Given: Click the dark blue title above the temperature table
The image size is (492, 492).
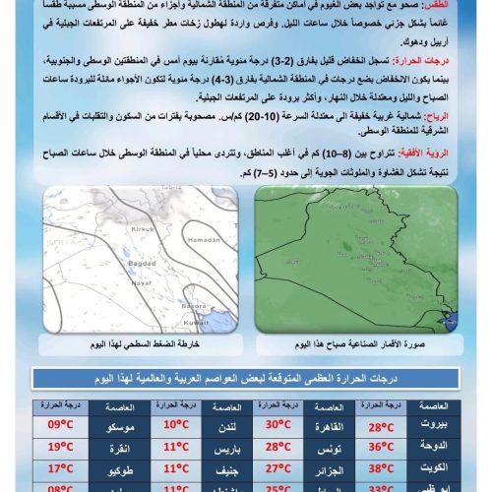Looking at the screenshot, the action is (x=246, y=381).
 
